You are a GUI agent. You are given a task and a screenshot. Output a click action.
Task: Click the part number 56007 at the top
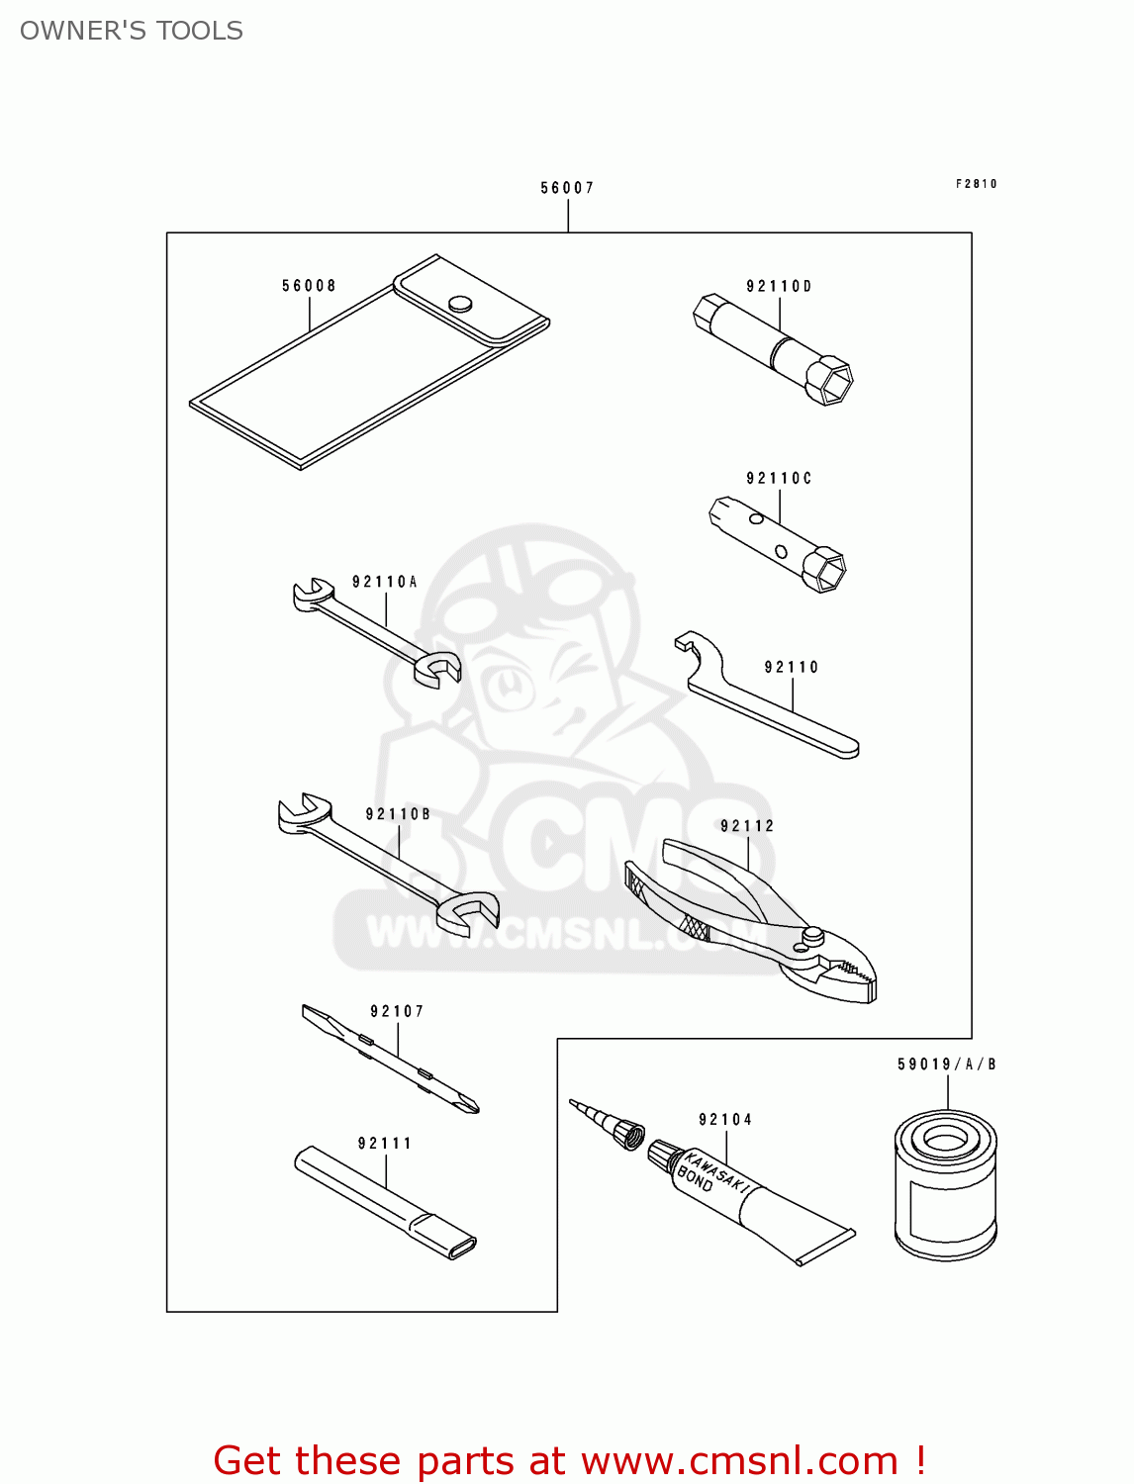pyautogui.click(x=566, y=188)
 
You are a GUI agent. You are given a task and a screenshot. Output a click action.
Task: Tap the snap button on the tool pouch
pyautogui.click(x=460, y=304)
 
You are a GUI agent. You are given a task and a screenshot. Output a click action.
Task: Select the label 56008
pyautogui.click(x=309, y=285)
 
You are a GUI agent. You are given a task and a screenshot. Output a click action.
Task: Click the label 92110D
pyautogui.click(x=779, y=286)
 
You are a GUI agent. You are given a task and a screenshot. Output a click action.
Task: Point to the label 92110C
pyautogui.click(x=779, y=478)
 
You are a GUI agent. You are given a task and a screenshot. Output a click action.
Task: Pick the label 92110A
pyautogui.click(x=384, y=582)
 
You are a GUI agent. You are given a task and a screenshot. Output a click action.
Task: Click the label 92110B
pyautogui.click(x=398, y=814)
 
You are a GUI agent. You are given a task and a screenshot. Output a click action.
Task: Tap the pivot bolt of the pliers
pyautogui.click(x=812, y=936)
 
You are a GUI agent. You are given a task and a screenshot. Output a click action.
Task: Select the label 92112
pyautogui.click(x=746, y=825)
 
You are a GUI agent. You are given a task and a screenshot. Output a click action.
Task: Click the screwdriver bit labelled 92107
pyautogui.click(x=390, y=1059)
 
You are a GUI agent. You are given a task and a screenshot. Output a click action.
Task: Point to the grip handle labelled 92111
pyautogui.click(x=385, y=1203)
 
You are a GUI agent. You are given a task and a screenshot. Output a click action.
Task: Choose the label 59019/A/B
pyautogui.click(x=947, y=1065)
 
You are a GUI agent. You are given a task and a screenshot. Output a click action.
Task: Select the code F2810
pyautogui.click(x=976, y=184)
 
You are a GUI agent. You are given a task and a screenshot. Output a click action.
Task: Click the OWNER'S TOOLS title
pyautogui.click(x=132, y=31)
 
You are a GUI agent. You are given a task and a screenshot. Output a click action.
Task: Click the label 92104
pyautogui.click(x=725, y=1120)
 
